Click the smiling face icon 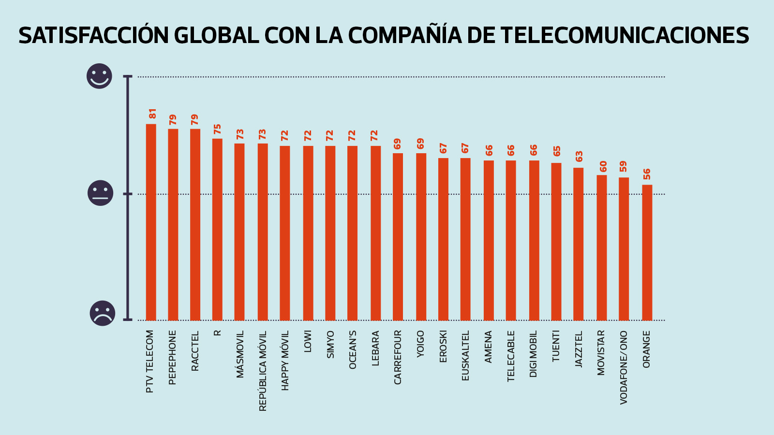pos(99,76)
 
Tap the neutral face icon pos(100,193)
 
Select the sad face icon pos(103,313)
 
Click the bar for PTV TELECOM pos(151,222)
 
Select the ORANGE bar pos(647,252)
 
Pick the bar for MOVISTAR pos(601,247)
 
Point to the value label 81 pos(152,114)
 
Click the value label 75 pos(217,129)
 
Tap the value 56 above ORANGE pos(647,174)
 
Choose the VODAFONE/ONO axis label pos(624,367)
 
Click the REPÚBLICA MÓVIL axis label pos(263,371)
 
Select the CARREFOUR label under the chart pos(398,357)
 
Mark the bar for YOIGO pos(421,237)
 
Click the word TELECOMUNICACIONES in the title pos(625,35)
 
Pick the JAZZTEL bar pos(578,244)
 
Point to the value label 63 pos(579,157)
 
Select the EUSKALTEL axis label pos(465,356)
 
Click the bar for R pos(217,230)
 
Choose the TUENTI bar pos(556,242)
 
